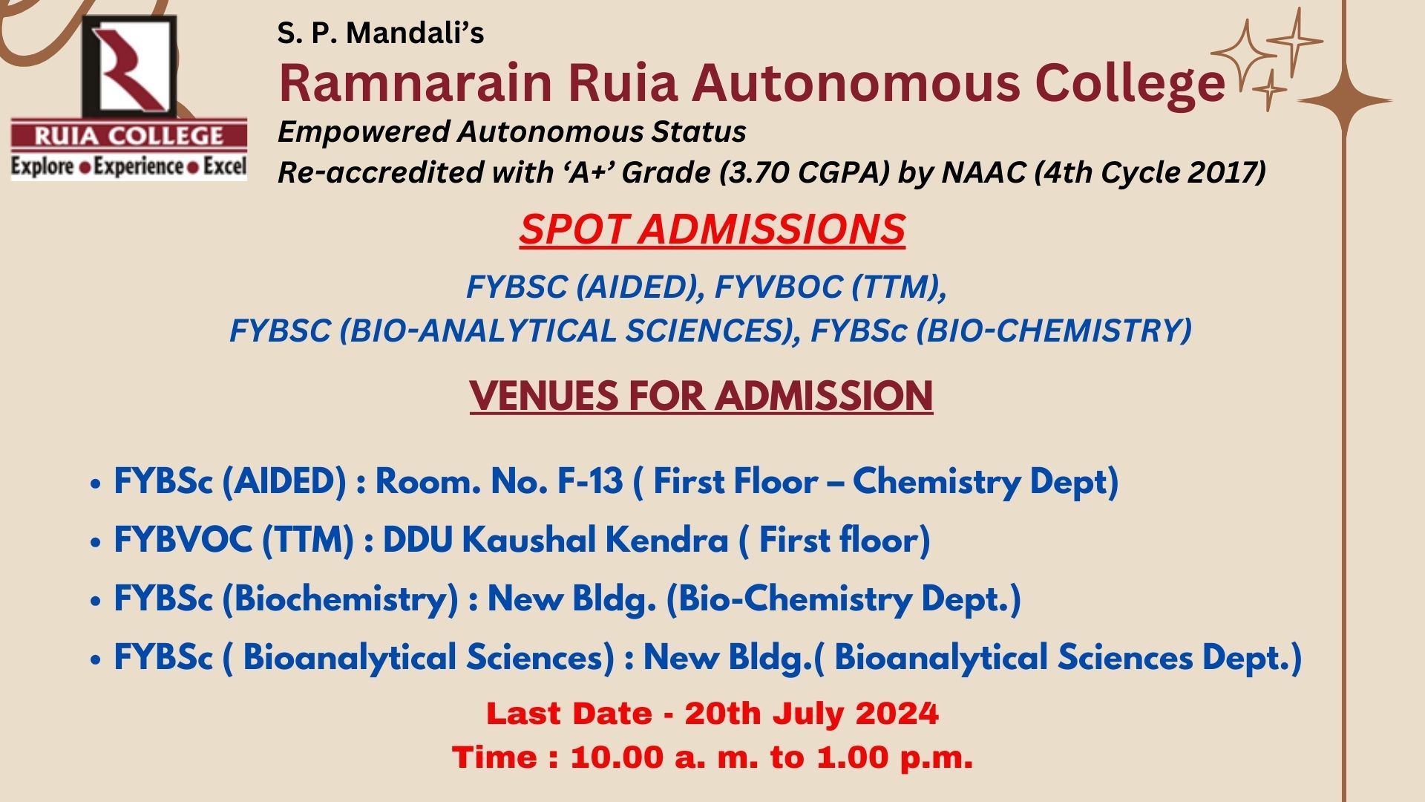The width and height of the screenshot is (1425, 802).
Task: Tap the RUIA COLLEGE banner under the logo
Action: (x=128, y=136)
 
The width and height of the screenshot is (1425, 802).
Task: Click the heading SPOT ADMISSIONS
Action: (x=712, y=229)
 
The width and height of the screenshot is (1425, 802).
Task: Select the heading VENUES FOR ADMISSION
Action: (x=701, y=395)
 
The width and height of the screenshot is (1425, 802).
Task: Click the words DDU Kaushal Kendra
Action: (x=555, y=540)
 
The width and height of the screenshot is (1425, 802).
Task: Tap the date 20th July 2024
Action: (x=811, y=714)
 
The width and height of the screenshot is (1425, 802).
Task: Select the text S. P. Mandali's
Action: (x=380, y=33)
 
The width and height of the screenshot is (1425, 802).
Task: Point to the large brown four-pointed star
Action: (x=1345, y=100)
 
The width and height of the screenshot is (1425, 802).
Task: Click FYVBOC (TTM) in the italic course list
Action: (x=830, y=287)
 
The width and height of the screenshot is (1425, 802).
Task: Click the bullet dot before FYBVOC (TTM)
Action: (x=95, y=542)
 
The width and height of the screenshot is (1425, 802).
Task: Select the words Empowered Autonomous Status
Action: (x=511, y=132)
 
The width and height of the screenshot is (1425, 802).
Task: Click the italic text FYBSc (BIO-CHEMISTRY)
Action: (x=1000, y=330)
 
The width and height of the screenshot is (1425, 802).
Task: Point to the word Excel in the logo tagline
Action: (x=224, y=166)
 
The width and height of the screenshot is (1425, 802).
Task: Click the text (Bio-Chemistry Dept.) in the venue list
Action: (x=843, y=599)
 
